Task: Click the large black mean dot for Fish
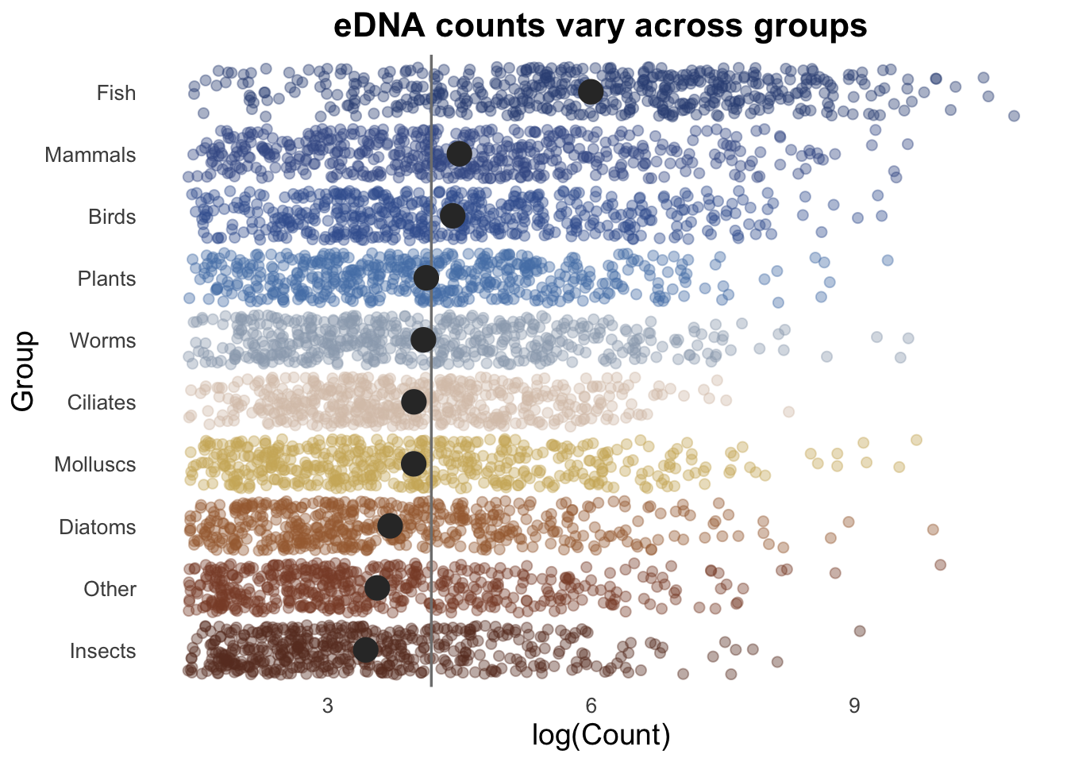click(x=590, y=91)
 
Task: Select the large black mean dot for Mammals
click(x=459, y=154)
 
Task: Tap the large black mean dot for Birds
click(x=452, y=215)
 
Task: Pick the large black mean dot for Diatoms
click(x=390, y=525)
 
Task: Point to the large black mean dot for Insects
click(x=365, y=650)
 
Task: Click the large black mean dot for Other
click(x=377, y=588)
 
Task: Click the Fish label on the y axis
click(x=116, y=93)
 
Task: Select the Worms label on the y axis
click(x=102, y=341)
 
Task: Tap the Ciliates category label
click(x=102, y=402)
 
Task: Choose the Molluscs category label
click(x=95, y=464)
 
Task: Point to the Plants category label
click(x=106, y=279)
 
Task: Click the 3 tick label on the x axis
click(x=327, y=706)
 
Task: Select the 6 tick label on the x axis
click(x=591, y=706)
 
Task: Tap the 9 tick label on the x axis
click(x=854, y=706)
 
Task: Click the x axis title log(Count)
click(x=601, y=736)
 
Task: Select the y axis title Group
click(x=24, y=371)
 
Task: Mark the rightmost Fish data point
click(x=1014, y=116)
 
